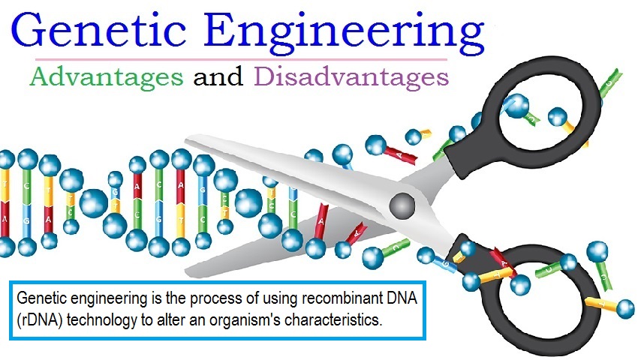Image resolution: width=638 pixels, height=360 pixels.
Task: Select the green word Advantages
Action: point(107,77)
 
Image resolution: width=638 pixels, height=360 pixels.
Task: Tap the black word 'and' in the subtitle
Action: point(218,76)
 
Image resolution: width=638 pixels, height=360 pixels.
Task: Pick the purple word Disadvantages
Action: point(351,76)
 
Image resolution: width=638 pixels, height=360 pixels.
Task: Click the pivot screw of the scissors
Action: point(402,205)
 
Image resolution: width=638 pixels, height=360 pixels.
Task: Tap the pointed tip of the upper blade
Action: point(186,140)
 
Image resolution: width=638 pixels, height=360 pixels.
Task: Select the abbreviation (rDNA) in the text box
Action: point(40,320)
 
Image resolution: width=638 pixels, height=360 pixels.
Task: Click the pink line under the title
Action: point(241,59)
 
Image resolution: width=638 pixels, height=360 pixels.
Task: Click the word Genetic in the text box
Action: point(41,298)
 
